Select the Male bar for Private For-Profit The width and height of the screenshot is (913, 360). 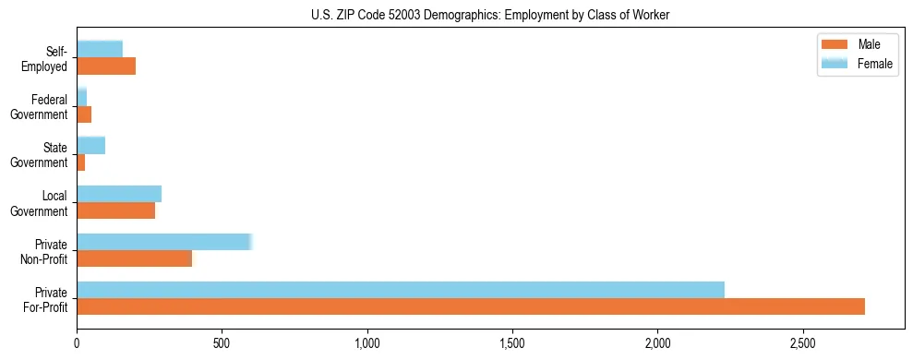point(471,306)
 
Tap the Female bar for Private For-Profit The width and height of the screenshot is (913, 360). point(401,289)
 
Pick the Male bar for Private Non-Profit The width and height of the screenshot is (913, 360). point(135,258)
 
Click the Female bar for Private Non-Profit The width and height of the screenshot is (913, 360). point(164,242)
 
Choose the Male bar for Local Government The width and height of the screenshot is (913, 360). point(116,210)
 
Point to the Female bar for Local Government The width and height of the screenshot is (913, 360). point(119,194)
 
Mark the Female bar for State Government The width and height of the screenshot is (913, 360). point(91,146)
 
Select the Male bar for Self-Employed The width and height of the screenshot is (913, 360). point(106,66)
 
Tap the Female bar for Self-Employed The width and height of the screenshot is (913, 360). point(100,50)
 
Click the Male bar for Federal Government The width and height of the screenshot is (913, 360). point(84,114)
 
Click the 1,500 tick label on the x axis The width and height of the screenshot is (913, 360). point(512,342)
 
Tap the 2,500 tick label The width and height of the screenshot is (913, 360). point(803,342)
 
